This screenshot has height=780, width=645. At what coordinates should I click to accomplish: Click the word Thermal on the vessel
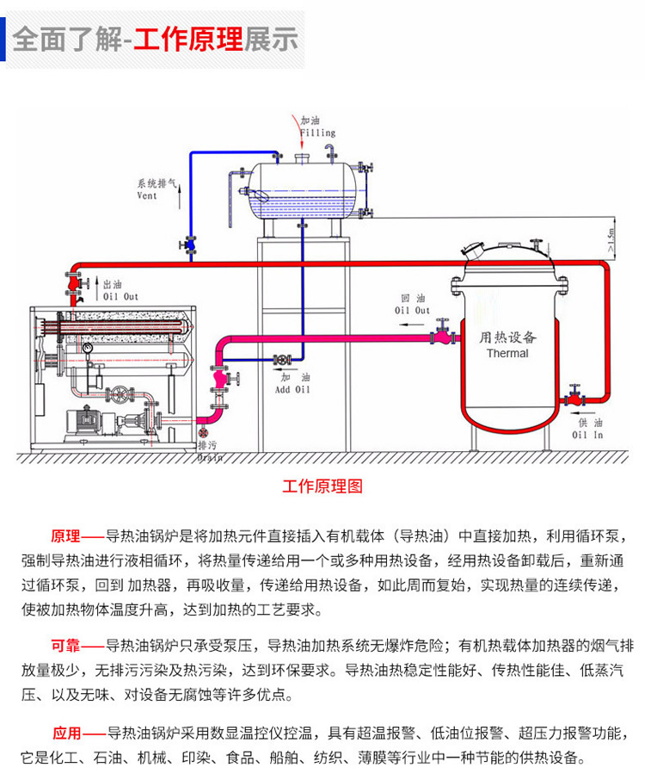click(x=507, y=353)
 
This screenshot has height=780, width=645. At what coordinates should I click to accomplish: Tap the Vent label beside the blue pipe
click(x=148, y=195)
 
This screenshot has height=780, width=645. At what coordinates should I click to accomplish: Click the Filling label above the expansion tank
click(x=317, y=133)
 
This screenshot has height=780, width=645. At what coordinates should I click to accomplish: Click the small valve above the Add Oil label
click(x=280, y=359)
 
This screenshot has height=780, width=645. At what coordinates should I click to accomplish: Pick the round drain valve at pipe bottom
click(x=203, y=435)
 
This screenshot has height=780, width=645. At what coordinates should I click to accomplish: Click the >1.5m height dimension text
click(x=611, y=236)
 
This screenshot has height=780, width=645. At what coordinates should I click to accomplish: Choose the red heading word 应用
click(x=66, y=734)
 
